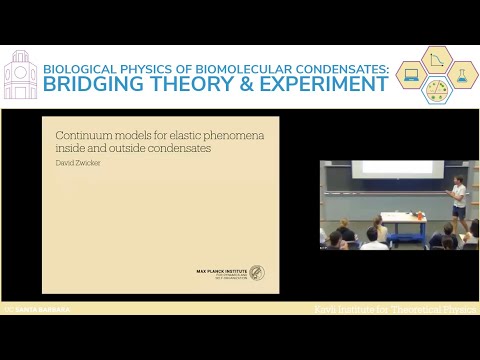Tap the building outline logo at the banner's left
point(20,76)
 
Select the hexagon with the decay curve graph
point(437,59)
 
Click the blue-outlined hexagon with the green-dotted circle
point(437,89)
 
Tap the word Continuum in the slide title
point(78,134)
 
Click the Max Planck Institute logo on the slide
point(230,272)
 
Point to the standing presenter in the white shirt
point(458,197)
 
